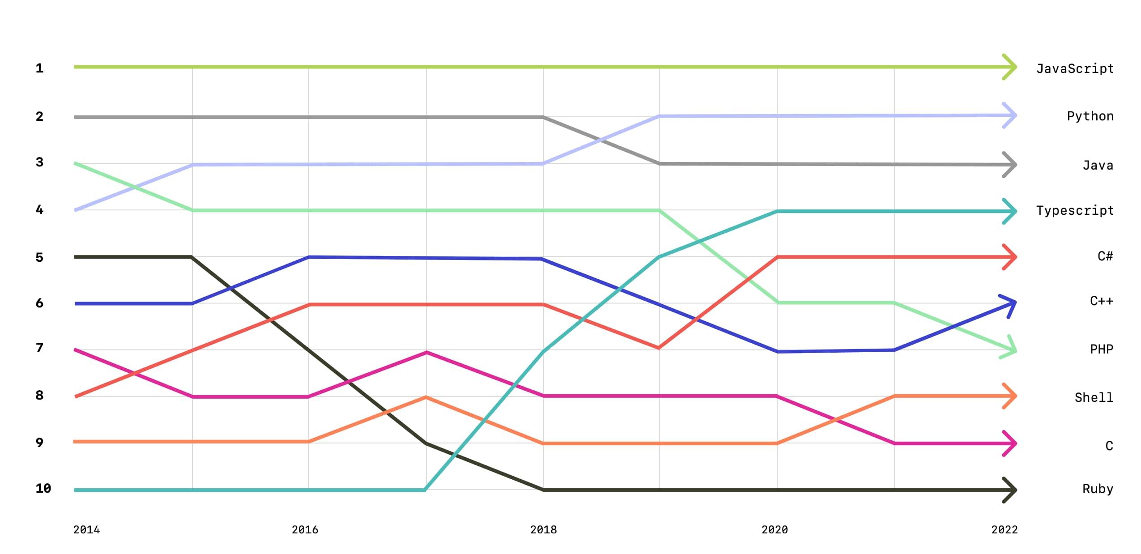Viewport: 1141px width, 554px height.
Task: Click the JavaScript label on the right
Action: [x=1075, y=69]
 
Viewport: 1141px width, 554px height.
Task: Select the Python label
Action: [x=1090, y=116]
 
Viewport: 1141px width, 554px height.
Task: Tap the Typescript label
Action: [x=1075, y=210]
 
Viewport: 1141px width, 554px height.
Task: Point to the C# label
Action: [x=1105, y=256]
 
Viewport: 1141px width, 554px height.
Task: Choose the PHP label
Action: [x=1101, y=349]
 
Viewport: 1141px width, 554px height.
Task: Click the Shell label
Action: [x=1094, y=397]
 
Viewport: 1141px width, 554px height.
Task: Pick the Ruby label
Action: [x=1097, y=489]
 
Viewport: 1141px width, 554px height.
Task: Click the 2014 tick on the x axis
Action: [x=86, y=530]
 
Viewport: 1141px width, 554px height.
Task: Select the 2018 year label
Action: [x=543, y=530]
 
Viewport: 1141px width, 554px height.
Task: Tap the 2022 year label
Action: [x=1004, y=530]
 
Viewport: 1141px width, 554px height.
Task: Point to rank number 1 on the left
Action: [x=39, y=68]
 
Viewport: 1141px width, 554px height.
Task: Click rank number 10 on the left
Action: [x=43, y=488]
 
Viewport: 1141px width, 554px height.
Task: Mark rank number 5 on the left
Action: [x=39, y=257]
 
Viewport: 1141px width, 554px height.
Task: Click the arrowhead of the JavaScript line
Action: [x=1010, y=67]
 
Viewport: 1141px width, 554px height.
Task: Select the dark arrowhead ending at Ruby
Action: [x=1010, y=490]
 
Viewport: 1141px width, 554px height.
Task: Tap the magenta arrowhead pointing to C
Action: [x=1010, y=443]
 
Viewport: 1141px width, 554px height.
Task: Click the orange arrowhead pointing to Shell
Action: [x=1010, y=396]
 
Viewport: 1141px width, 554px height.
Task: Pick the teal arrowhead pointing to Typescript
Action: [x=1010, y=211]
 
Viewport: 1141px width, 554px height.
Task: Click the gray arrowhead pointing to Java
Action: [x=1010, y=165]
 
